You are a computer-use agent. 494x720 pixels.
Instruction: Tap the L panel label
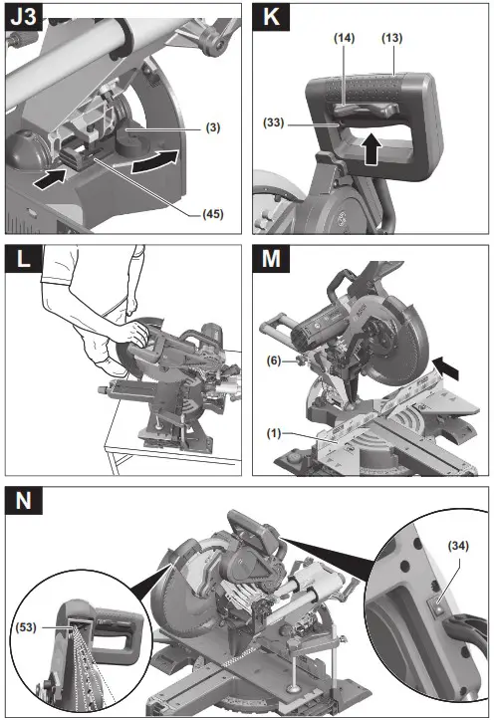point(22,263)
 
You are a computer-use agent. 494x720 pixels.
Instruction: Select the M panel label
point(272,263)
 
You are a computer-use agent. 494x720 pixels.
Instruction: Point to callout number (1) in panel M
point(274,433)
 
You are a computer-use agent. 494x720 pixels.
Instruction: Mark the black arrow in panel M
point(447,369)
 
